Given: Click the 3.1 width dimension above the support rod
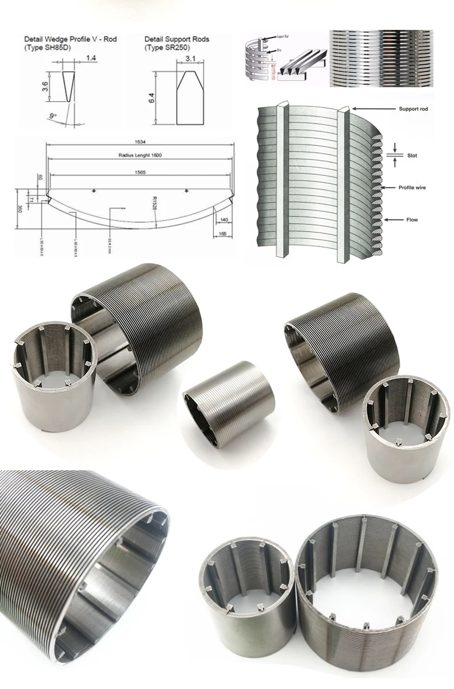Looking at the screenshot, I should click(x=191, y=59).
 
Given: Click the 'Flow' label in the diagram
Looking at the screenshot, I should click(x=413, y=219).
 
